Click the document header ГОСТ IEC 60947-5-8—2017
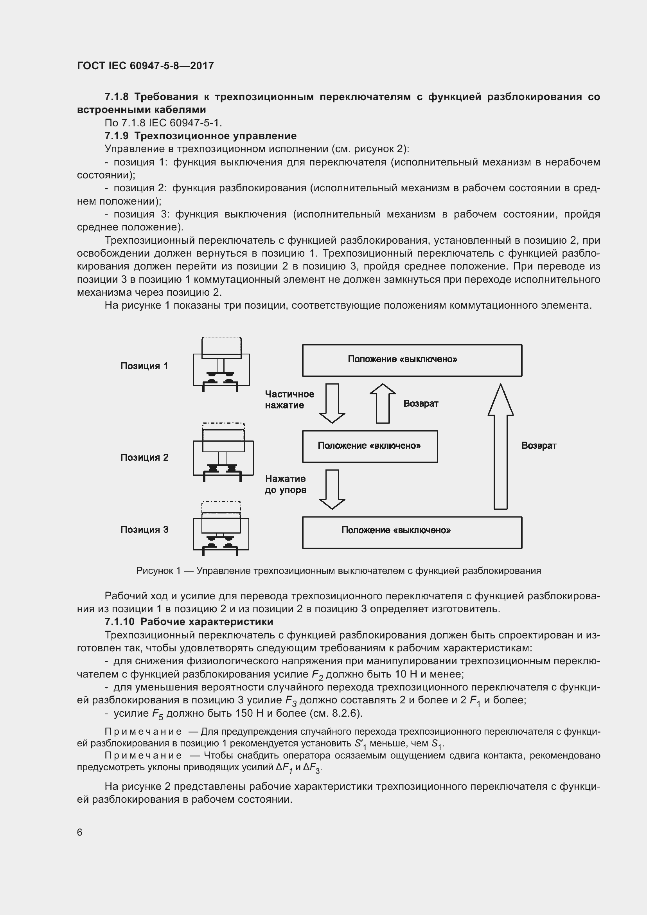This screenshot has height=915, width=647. point(146,66)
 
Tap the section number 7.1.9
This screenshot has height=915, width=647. point(116,136)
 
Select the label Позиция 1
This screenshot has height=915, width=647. point(144,366)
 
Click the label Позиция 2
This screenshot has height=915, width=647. point(144,458)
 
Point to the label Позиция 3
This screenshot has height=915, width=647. point(144,530)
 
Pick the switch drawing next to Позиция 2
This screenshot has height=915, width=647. point(223,452)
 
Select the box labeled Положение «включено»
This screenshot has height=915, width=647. point(370,446)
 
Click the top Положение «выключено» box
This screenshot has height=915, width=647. point(412,360)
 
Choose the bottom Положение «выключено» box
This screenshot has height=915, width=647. point(412,532)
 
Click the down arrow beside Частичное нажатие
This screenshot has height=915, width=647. point(332,403)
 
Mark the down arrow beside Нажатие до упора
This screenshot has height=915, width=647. point(332,489)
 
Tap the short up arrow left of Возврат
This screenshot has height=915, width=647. point(383,403)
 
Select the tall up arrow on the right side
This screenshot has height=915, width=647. point(500,446)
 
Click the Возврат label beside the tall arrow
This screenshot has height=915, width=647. point(539,446)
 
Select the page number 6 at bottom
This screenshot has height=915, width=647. point(80,832)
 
